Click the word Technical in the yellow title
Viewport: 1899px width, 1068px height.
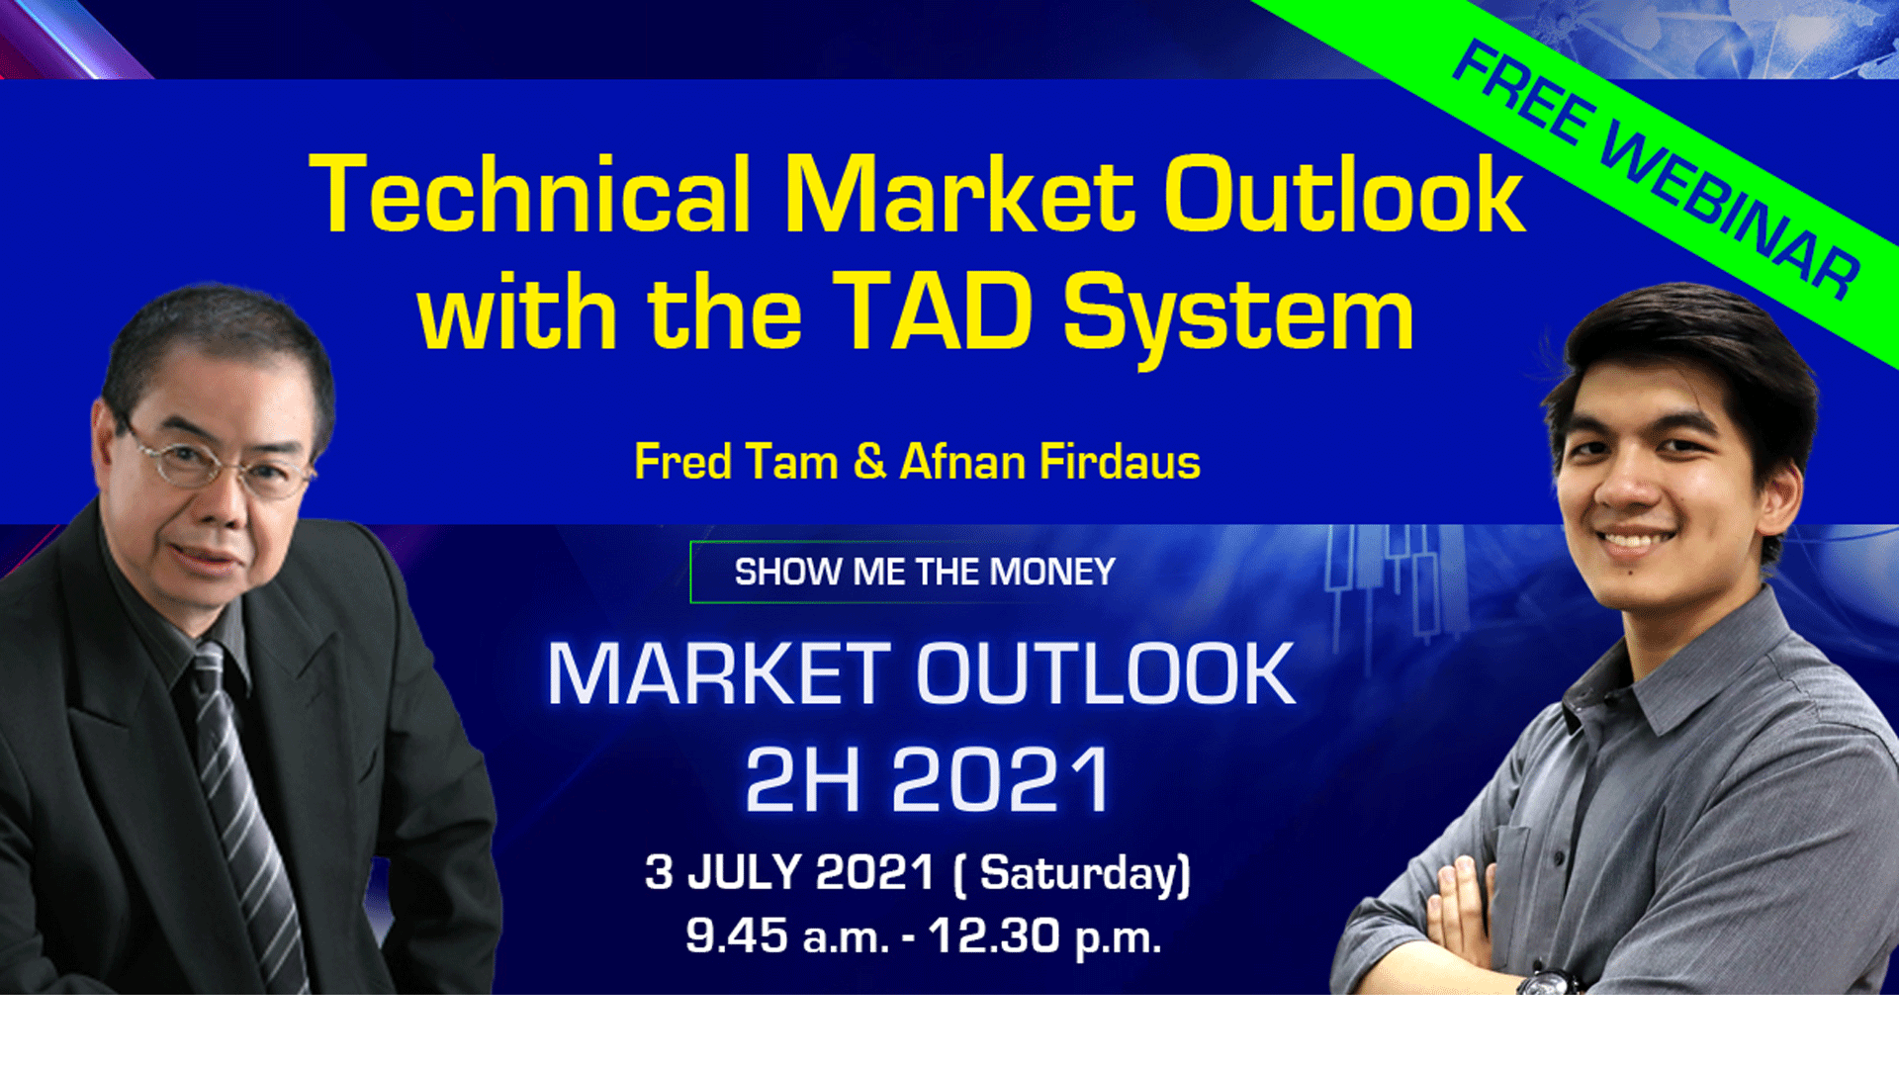531,195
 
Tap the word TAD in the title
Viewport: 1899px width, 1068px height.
933,312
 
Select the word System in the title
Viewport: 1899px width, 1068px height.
1239,318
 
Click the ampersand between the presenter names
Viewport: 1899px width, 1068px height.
869,461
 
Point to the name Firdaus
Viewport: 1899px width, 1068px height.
1121,462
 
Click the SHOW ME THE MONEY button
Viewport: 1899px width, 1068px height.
924,572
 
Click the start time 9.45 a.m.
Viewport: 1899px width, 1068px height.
787,935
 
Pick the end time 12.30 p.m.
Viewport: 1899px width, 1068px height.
1044,935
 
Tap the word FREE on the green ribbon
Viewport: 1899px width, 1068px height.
1524,92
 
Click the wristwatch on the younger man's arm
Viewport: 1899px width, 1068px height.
1548,982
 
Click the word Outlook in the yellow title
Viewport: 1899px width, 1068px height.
1343,195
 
